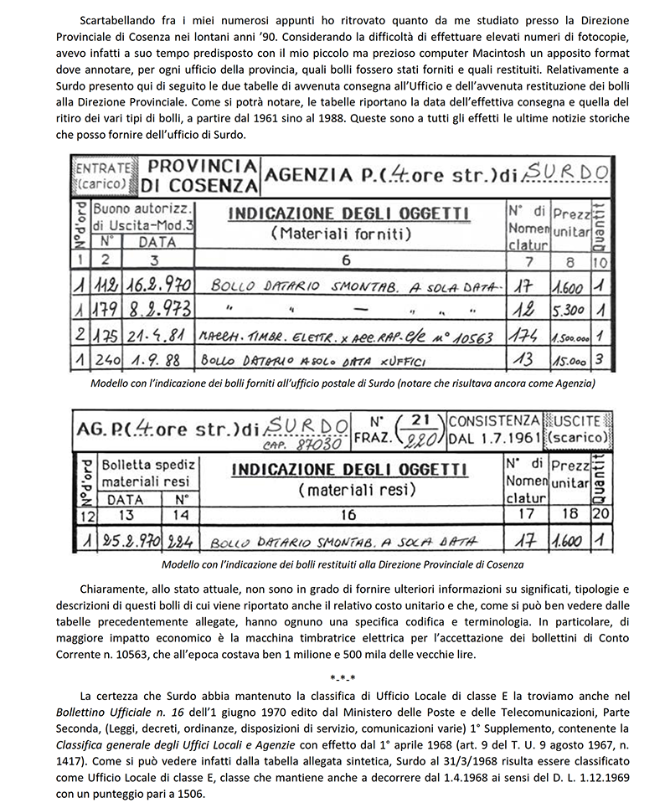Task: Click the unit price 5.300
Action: click(569, 310)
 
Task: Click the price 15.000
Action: click(569, 362)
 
